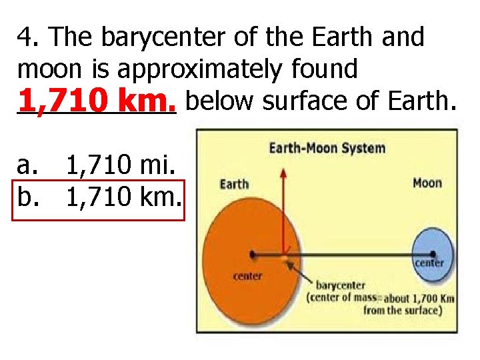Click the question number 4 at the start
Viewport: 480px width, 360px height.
(x=25, y=38)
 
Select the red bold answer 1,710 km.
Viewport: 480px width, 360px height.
(x=96, y=102)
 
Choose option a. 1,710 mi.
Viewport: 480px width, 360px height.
(x=97, y=163)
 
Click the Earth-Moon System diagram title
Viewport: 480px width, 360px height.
(x=327, y=147)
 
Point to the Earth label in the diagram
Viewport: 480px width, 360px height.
(x=234, y=184)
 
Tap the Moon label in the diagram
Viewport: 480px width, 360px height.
(x=427, y=183)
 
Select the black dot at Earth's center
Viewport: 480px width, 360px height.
(x=253, y=254)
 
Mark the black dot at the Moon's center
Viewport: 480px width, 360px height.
(x=433, y=253)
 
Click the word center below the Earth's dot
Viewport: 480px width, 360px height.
(x=247, y=275)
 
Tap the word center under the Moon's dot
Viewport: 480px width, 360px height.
(x=429, y=263)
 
